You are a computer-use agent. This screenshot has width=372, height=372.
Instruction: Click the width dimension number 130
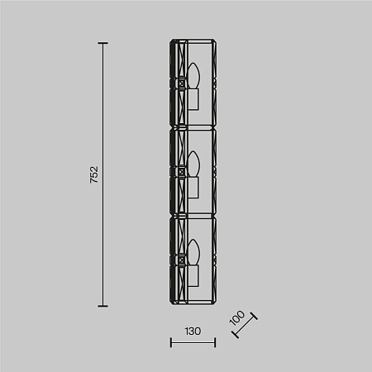click(x=192, y=331)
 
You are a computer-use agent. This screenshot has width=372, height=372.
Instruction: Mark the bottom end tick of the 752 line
click(x=103, y=305)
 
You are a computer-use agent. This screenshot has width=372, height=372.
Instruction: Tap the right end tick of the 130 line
click(x=215, y=341)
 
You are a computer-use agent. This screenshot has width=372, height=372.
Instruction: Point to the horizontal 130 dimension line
click(x=192, y=341)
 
